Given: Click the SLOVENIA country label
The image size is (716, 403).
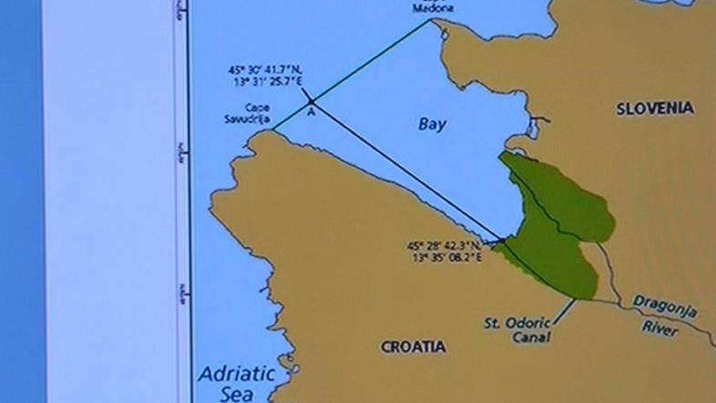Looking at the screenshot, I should tap(654, 108).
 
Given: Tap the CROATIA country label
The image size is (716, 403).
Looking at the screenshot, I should tap(413, 346).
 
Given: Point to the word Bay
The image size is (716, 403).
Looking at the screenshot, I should tap(432, 125).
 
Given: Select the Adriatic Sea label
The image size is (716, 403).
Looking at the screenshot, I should tap(232, 382).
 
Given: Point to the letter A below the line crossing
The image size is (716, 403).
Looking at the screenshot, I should tap(311, 112).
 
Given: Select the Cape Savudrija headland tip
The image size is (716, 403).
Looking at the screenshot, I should tap(271, 132).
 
